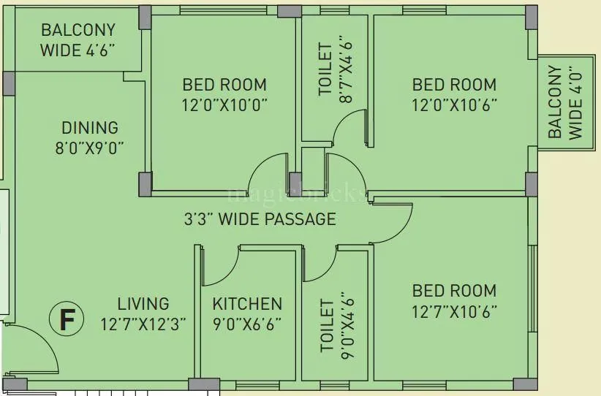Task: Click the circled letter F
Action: tap(67, 319)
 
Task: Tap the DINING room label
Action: tap(89, 127)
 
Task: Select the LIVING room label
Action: tap(143, 303)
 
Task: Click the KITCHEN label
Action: tap(247, 304)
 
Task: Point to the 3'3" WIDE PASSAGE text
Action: tap(259, 218)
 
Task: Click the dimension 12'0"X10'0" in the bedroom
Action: tap(224, 104)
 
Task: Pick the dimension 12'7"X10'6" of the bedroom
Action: tap(453, 311)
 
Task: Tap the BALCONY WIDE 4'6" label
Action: tap(78, 40)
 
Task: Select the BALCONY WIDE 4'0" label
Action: tap(566, 102)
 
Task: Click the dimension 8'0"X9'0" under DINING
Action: tap(89, 147)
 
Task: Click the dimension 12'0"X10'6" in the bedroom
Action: tap(453, 104)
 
